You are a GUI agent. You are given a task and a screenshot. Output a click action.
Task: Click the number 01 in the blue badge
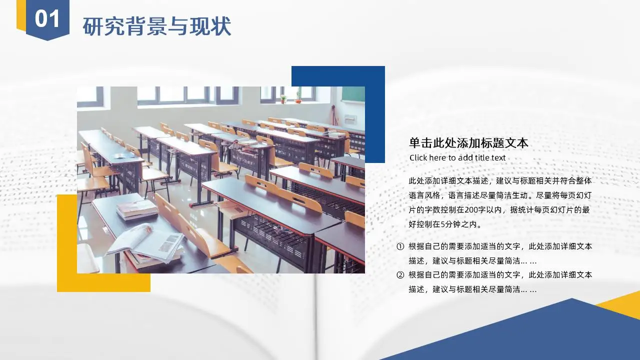pyautogui.click(x=47, y=18)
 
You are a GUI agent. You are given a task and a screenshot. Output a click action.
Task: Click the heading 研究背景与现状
pyautogui.click(x=157, y=26)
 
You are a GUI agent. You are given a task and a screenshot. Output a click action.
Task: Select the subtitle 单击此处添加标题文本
pyautogui.click(x=468, y=143)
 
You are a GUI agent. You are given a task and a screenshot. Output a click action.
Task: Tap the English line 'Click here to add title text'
pyautogui.click(x=457, y=157)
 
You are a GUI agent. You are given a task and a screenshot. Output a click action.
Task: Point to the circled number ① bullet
pyautogui.click(x=400, y=246)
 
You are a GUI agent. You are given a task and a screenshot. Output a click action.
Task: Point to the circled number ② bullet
pyautogui.click(x=400, y=275)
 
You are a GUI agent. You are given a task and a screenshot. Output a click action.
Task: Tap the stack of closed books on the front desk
pyautogui.click(x=137, y=209)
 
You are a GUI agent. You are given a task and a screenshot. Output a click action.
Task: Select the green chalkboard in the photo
pyautogui.click(x=353, y=94)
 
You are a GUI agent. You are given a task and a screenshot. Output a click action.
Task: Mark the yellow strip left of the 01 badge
pyautogui.click(x=21, y=14)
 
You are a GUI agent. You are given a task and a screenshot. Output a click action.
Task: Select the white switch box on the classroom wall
pyautogui.click(x=350, y=118)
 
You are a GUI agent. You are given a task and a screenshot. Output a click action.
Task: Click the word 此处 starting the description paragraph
pyautogui.click(x=416, y=181)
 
